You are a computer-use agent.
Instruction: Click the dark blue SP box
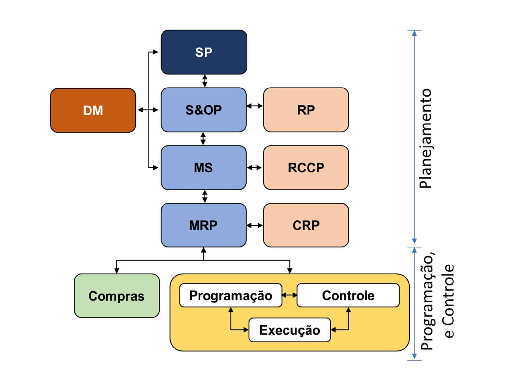204,52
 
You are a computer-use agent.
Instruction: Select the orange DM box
93,110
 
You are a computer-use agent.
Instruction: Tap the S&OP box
203,110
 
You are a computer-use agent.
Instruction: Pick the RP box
306,110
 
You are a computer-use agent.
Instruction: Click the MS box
203,168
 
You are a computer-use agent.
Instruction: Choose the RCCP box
306,168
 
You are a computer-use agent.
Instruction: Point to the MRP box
203,225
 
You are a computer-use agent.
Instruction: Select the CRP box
306,225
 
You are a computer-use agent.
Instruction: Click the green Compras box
116,296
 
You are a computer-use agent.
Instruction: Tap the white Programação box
231,295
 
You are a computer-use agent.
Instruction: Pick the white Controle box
348,295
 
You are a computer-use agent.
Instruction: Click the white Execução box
289,330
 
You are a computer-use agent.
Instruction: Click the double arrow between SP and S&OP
205,81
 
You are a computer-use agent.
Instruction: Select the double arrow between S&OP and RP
255,106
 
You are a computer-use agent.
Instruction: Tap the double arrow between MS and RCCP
255,168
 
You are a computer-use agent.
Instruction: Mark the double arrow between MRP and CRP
255,225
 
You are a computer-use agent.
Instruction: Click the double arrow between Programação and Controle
289,295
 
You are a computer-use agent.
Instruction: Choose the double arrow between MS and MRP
205,196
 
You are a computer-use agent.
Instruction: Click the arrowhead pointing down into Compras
117,270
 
